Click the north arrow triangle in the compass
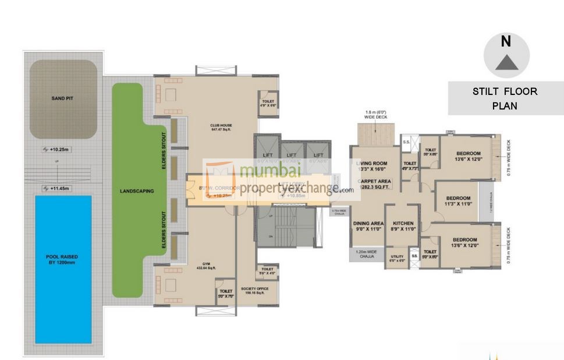click(x=506, y=62)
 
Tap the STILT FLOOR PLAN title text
click(x=505, y=98)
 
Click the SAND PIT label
click(x=63, y=98)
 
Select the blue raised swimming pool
click(x=63, y=269)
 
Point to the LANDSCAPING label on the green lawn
click(x=136, y=191)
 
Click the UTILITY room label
click(x=397, y=257)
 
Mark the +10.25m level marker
click(x=56, y=149)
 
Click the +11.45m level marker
click(x=56, y=188)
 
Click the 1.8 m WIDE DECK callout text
click(x=375, y=114)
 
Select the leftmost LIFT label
click(x=267, y=155)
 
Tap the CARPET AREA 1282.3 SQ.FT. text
click(x=374, y=185)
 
